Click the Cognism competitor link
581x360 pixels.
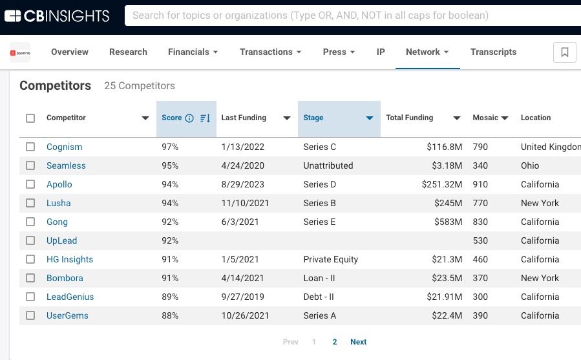[64, 147]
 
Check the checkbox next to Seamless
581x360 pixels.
[30, 165]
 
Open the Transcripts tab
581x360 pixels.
[493, 52]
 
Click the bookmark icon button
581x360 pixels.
[564, 52]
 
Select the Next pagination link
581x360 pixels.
[358, 342]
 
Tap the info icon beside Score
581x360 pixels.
[189, 118]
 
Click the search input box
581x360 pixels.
[349, 15]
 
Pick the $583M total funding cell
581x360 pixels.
[449, 222]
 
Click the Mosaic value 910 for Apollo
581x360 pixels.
[480, 184]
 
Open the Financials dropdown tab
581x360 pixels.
[193, 52]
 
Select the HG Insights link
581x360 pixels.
[70, 259]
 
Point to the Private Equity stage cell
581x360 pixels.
[330, 259]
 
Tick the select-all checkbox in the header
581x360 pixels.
[30, 118]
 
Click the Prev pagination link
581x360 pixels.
[291, 342]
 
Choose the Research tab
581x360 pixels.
[128, 52]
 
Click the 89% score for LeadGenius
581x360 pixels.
[170, 297]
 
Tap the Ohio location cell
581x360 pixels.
[529, 165]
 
